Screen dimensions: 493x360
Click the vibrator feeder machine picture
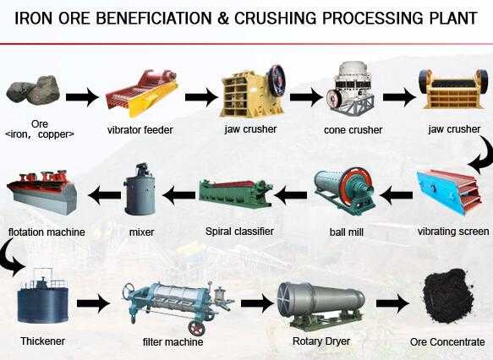[141, 93]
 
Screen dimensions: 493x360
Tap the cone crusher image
[352, 90]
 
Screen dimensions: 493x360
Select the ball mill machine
[345, 191]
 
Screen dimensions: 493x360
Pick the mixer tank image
[140, 189]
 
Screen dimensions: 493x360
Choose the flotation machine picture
[41, 192]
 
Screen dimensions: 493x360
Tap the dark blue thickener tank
[43, 296]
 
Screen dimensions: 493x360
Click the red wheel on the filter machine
[196, 328]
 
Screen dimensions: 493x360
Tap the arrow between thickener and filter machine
[93, 303]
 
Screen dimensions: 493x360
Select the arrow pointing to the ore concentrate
[392, 303]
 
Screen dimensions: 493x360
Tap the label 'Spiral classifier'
[239, 232]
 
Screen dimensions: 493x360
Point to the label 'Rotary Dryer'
[321, 341]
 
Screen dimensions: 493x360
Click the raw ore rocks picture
[33, 90]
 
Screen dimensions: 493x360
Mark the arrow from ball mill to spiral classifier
[291, 195]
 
